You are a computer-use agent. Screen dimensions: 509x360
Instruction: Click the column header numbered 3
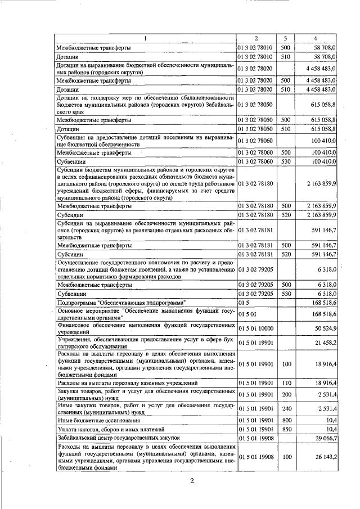(286, 38)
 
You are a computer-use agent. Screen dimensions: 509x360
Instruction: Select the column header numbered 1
(145, 38)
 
